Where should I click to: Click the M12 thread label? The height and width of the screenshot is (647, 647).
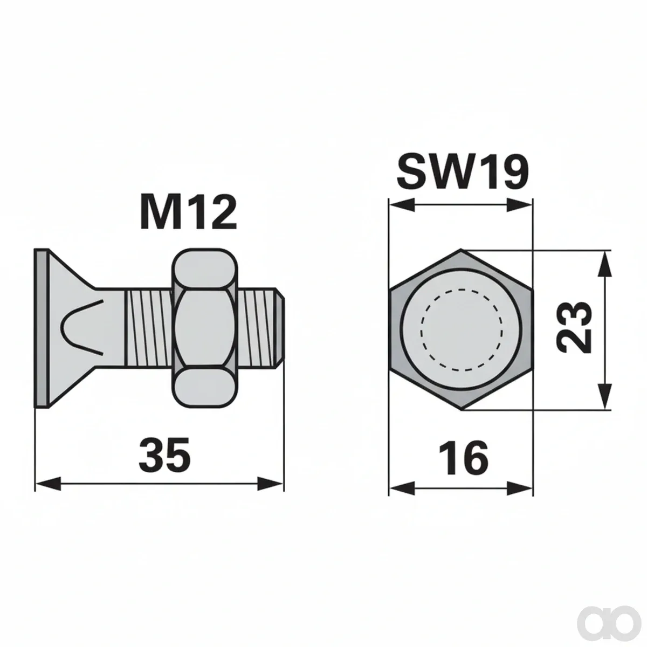click(188, 212)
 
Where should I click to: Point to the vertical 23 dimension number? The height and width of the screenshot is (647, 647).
click(574, 327)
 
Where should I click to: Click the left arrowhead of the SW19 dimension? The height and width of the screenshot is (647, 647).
click(402, 204)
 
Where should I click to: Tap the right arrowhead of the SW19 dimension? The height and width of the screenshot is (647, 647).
click(519, 204)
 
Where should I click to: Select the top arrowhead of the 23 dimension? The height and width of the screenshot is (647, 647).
click(605, 264)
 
